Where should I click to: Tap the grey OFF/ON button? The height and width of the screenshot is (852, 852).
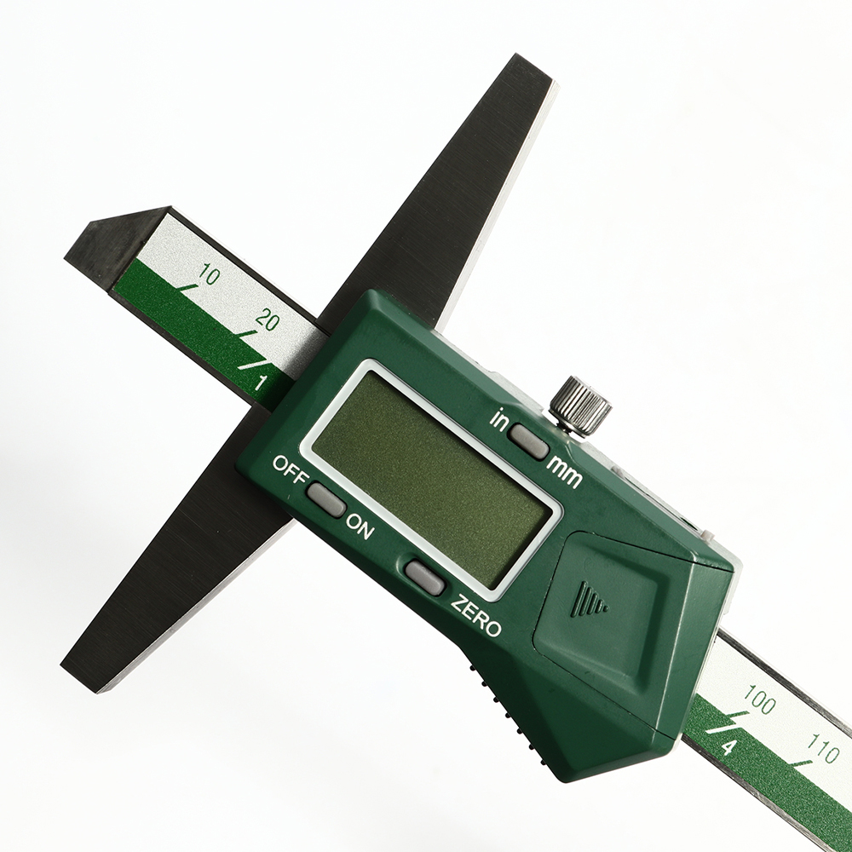pos(326,498)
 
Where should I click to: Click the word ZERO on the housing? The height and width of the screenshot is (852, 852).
pos(476,616)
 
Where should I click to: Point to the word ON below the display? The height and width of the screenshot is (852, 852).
pos(360,526)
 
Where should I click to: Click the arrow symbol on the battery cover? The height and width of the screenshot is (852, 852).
pos(592,598)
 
